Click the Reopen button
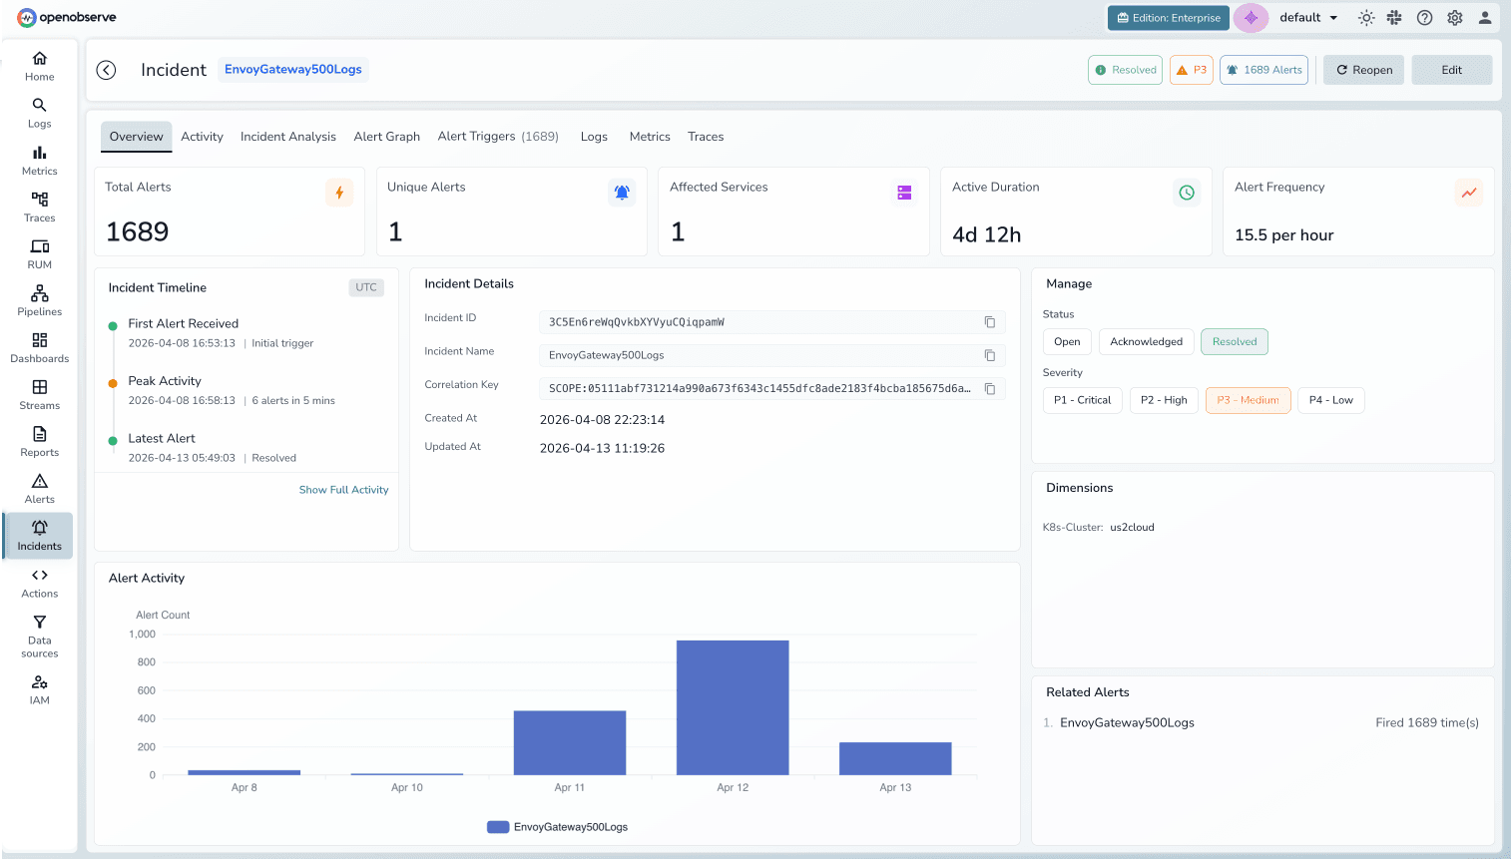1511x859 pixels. (x=1363, y=70)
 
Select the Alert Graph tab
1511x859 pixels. (x=386, y=137)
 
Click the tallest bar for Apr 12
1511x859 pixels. (x=733, y=706)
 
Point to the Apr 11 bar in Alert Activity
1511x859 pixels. (x=569, y=742)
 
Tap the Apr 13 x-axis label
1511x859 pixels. (x=895, y=787)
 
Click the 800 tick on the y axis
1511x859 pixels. (x=147, y=662)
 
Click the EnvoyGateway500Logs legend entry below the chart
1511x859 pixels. (x=558, y=827)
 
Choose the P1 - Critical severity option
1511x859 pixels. (x=1082, y=400)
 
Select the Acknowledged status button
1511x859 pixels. (x=1146, y=342)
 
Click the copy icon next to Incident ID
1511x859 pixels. (x=990, y=322)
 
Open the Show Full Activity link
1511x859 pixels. (x=343, y=490)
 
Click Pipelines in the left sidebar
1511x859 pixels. (x=40, y=299)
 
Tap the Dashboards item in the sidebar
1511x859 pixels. (x=40, y=346)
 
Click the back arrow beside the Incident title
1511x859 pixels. (x=106, y=70)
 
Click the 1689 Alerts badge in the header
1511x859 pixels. (x=1263, y=70)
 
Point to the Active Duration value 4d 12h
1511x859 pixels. (x=986, y=235)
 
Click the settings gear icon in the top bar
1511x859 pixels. (x=1455, y=18)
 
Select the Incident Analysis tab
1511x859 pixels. (x=287, y=137)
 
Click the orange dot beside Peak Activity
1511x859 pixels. (x=113, y=382)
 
